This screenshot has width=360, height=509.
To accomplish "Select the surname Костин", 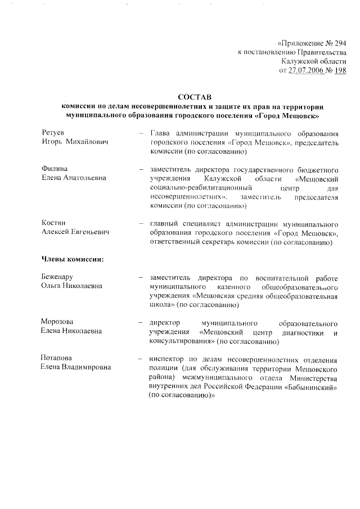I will (53, 223).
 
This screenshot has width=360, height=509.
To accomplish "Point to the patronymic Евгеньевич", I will (89, 232).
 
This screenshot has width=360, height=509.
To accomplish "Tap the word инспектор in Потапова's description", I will (167, 358).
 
